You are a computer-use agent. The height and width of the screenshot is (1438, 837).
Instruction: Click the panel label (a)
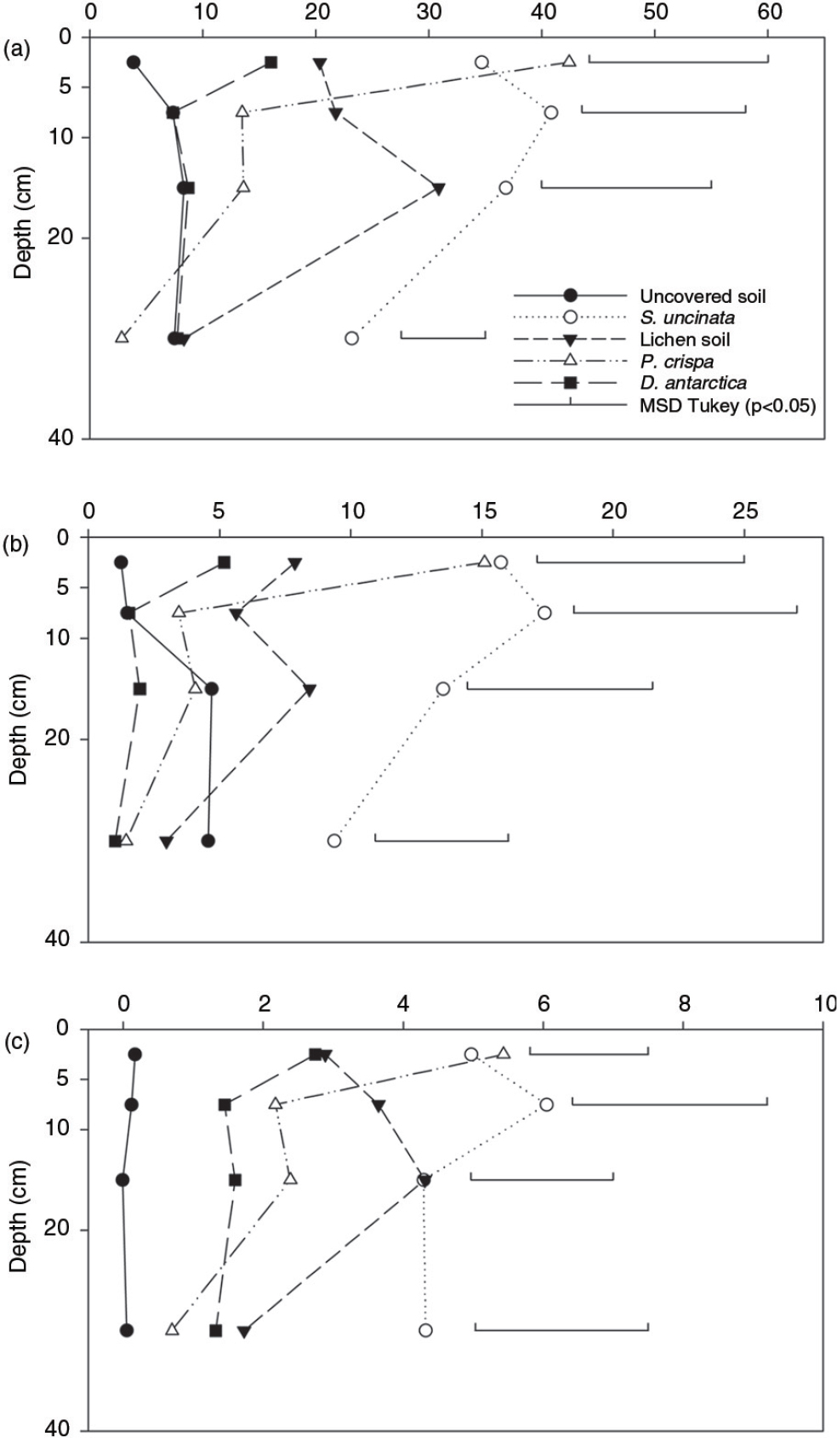pyautogui.click(x=18, y=50)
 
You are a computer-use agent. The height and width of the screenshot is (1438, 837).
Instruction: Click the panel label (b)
pyautogui.click(x=18, y=545)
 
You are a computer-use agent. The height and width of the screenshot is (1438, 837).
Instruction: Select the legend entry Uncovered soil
pyautogui.click(x=703, y=296)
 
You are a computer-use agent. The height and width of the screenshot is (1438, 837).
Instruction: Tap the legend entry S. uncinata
pyautogui.click(x=687, y=317)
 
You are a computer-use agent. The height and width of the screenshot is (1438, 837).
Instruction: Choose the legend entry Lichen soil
pyautogui.click(x=685, y=340)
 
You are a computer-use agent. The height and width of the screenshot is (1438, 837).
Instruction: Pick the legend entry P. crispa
pyautogui.click(x=676, y=362)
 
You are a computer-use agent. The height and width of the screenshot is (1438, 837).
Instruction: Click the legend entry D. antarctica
pyautogui.click(x=693, y=383)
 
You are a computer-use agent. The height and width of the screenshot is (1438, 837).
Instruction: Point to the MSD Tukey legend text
pyautogui.click(x=727, y=405)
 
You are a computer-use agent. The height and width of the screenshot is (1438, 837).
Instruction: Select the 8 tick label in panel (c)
pyautogui.click(x=685, y=1003)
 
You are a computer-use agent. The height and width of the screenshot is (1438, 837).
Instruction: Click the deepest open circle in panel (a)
pyautogui.click(x=351, y=338)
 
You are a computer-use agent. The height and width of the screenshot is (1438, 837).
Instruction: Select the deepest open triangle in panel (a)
pyautogui.click(x=122, y=337)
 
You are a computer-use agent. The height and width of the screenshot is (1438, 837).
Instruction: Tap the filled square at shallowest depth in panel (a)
pyautogui.click(x=271, y=62)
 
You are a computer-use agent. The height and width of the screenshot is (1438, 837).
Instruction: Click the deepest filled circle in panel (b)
pyautogui.click(x=208, y=841)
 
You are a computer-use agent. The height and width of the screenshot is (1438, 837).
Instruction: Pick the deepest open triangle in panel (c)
pyautogui.click(x=173, y=1329)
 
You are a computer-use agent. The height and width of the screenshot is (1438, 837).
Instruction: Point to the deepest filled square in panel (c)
pyautogui.click(x=216, y=1330)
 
